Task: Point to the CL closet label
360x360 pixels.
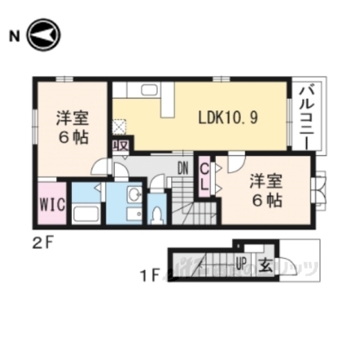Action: point(203,178)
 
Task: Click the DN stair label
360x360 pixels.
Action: point(181,168)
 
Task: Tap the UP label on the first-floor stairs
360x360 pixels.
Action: point(241,263)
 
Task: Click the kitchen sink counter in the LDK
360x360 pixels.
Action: point(147,91)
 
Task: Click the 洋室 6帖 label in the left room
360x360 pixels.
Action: point(70,127)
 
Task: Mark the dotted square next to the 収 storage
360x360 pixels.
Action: point(119,127)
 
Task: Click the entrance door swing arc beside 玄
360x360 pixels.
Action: point(284,267)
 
